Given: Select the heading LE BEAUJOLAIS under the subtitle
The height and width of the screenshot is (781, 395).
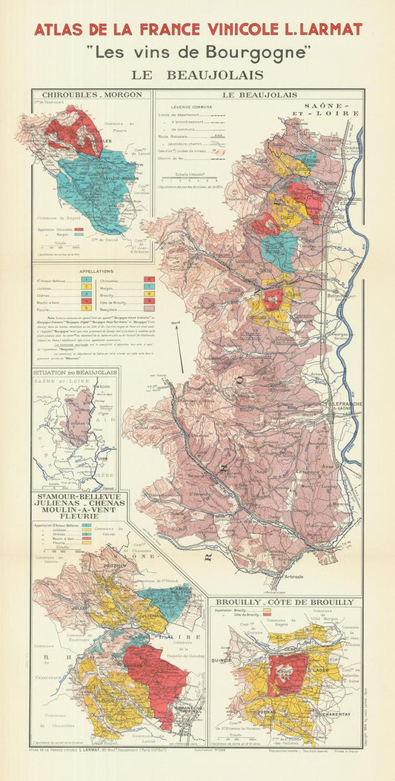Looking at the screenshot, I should tap(197, 75).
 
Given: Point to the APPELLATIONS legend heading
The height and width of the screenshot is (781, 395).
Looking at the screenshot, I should tap(90, 271).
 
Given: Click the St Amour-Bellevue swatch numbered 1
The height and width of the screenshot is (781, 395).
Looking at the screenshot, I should tap(84, 280).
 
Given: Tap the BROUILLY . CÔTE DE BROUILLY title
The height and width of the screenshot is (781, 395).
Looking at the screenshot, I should tap(285, 602).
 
